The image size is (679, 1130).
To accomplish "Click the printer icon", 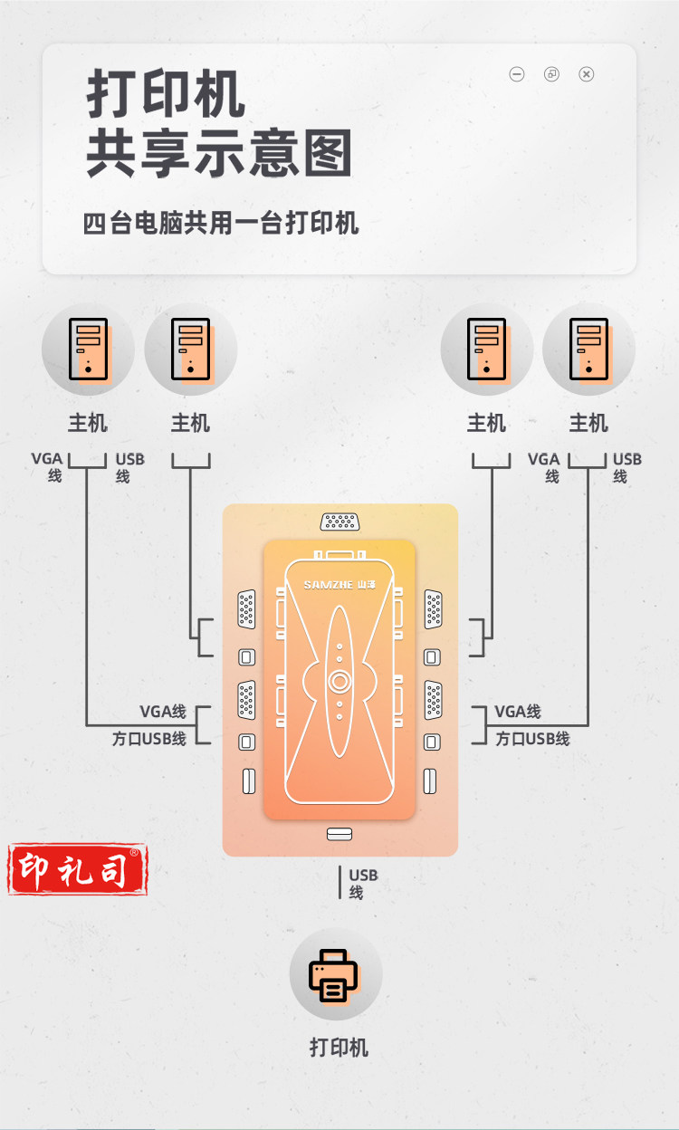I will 335,974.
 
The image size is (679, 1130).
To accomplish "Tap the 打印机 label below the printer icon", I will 339,1048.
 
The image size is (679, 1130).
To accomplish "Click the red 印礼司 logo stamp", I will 78,869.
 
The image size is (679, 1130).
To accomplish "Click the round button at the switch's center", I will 339,682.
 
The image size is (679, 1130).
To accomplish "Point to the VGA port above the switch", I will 339,522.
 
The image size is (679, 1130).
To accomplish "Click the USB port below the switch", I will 339,833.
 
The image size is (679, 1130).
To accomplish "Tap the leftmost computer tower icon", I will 88,348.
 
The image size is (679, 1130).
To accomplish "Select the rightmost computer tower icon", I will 588,348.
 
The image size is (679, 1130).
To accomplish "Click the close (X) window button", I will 586,74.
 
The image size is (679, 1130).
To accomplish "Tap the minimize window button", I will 517,74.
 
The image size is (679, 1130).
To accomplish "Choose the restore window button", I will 551,74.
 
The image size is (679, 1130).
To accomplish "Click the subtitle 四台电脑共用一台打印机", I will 221,223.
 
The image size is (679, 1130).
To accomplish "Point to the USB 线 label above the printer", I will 362,883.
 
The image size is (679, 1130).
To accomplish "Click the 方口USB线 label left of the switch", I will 149,738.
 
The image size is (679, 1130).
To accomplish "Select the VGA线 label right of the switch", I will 518,712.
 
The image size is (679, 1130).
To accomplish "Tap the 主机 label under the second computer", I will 190,423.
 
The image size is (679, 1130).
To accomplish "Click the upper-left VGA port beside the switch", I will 246,608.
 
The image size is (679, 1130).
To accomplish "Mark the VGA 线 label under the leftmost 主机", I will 48,466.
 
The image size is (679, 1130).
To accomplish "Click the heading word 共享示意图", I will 219,154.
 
